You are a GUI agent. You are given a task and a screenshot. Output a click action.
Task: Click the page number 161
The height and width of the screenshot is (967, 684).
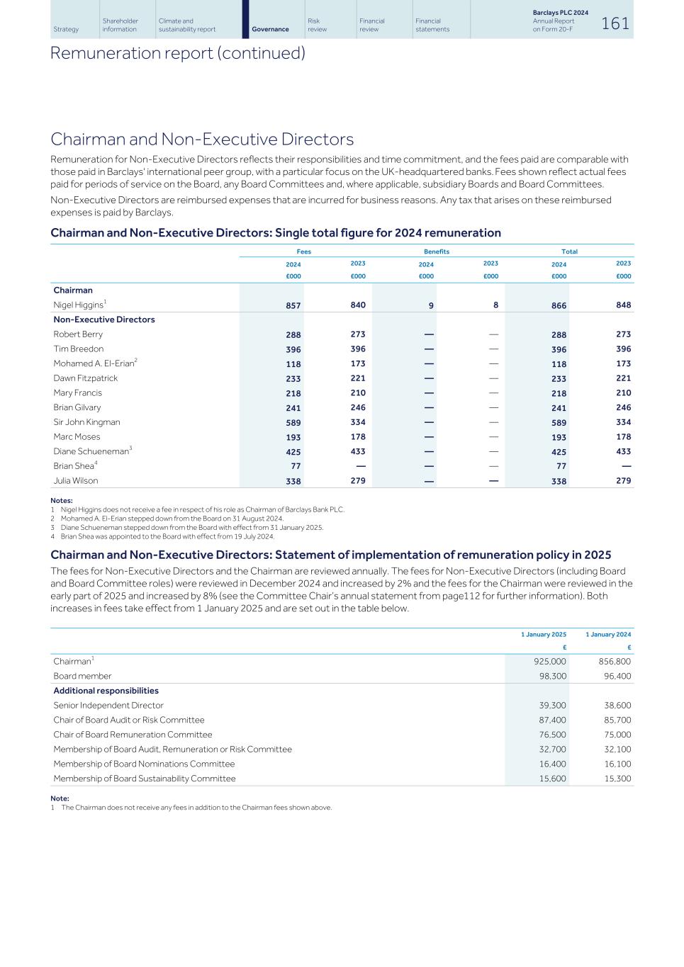click(615, 23)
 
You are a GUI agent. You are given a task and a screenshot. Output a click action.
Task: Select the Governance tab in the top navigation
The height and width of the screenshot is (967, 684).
click(270, 29)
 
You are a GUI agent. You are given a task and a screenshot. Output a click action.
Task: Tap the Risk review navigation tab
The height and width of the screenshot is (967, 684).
click(317, 26)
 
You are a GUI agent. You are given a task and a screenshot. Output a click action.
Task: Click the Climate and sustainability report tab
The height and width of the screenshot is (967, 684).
click(187, 26)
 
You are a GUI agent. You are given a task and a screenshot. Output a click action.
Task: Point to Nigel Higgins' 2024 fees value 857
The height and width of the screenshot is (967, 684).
click(293, 306)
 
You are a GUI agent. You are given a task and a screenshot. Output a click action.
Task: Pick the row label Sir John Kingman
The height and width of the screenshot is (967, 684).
click(86, 422)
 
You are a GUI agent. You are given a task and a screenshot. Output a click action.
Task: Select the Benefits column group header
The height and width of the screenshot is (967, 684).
click(437, 251)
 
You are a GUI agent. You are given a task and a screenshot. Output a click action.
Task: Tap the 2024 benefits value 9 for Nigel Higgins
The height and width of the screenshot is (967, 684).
click(431, 306)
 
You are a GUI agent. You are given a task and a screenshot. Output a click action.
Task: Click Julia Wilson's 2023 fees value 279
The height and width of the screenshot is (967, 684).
click(358, 481)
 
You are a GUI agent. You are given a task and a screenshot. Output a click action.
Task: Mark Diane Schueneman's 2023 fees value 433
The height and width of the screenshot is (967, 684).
click(358, 451)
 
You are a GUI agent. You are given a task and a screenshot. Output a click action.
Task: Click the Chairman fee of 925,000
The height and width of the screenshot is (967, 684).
click(549, 662)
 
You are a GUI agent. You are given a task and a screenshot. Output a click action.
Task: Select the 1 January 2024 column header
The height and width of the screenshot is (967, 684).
click(607, 635)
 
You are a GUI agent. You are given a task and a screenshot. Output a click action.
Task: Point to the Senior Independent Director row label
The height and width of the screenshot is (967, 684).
click(108, 706)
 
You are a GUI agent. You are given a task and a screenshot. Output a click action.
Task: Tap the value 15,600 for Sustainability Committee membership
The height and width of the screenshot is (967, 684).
click(552, 779)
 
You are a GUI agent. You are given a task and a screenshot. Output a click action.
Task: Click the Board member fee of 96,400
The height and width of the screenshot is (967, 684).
click(614, 677)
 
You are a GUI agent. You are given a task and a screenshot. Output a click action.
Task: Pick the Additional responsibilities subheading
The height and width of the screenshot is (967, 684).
click(106, 691)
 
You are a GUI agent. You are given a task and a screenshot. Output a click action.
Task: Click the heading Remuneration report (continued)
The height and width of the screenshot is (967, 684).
click(177, 54)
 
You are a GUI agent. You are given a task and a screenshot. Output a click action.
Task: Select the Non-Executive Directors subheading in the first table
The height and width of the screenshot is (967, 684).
click(104, 319)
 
